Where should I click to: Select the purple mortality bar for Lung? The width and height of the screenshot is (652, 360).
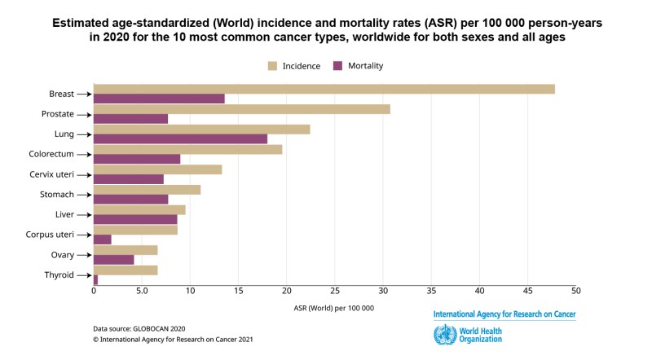[180, 138]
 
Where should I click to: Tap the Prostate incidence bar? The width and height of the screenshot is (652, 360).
[242, 108]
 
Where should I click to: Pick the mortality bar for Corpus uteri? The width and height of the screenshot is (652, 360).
[103, 239]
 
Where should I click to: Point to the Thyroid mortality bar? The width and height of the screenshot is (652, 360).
[96, 279]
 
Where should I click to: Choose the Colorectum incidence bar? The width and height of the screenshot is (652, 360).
[188, 149]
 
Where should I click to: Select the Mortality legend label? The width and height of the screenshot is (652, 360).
[364, 65]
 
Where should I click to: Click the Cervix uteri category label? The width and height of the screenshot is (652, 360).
[52, 174]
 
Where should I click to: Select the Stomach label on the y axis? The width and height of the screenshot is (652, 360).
[57, 195]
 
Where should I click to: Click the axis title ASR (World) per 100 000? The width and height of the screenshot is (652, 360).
[335, 308]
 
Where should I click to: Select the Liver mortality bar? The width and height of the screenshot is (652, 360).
[135, 219]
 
